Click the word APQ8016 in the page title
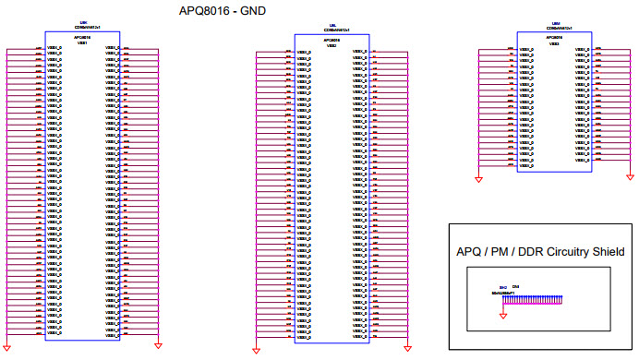[209, 11]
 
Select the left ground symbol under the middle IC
[256, 350]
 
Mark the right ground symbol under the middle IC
[407, 350]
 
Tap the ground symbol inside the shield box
[503, 314]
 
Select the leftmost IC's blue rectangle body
[82, 194]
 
